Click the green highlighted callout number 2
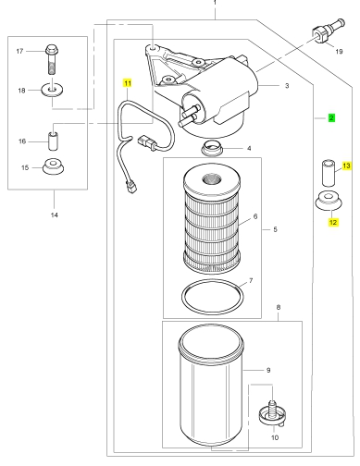(331, 117)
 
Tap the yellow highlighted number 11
(128, 83)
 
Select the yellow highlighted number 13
(346, 166)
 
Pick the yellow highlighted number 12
(333, 222)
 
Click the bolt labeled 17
(53, 59)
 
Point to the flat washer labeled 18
(53, 90)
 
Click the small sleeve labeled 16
(53, 141)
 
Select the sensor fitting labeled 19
(329, 31)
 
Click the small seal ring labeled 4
(211, 148)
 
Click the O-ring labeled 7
(212, 298)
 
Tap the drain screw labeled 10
(272, 413)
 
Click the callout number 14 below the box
(55, 215)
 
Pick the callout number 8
(279, 307)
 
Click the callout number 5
(275, 229)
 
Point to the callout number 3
(287, 86)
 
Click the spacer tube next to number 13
(329, 173)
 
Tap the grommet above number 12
(329, 201)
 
